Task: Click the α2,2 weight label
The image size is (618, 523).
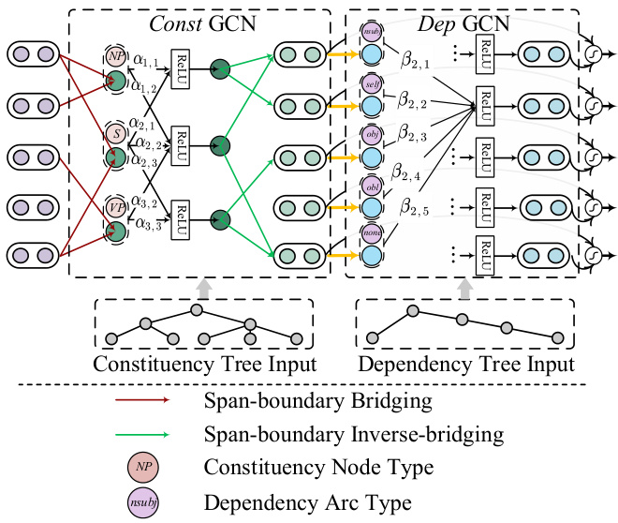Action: (x=145, y=144)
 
